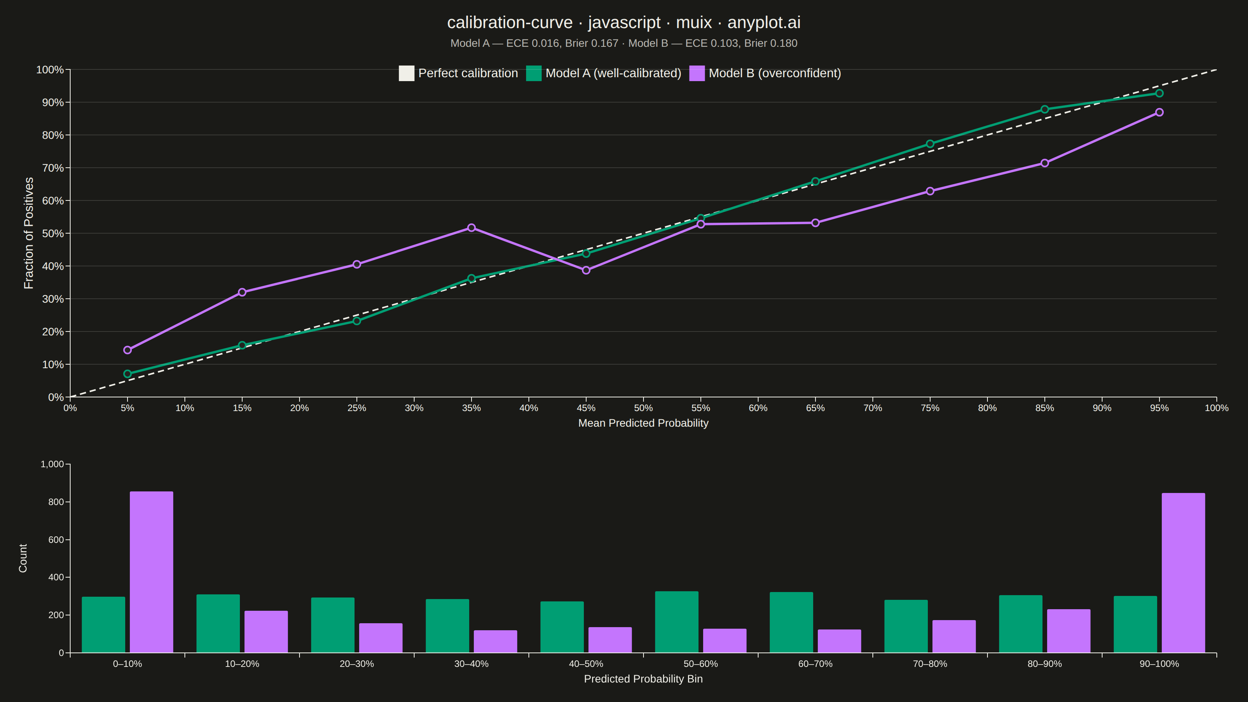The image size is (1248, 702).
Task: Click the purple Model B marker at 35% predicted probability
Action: (x=472, y=228)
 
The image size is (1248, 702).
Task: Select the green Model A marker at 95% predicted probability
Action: (x=1159, y=93)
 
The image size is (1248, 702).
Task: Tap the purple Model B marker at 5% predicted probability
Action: (x=128, y=350)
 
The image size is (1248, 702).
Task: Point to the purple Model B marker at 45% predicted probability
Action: (x=586, y=270)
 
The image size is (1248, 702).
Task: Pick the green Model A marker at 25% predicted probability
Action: (x=356, y=321)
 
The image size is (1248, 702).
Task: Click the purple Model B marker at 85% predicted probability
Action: (x=1044, y=163)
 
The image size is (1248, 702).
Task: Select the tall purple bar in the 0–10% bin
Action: (x=152, y=572)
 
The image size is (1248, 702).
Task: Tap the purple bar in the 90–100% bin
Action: (x=1183, y=573)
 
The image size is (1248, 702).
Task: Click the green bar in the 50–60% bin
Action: (x=677, y=622)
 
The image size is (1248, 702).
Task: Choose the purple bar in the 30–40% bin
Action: (x=496, y=642)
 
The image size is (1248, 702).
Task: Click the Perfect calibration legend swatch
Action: (x=406, y=73)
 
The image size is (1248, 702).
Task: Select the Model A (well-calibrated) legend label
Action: (x=613, y=73)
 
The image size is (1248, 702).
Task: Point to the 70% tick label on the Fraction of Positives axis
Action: (x=53, y=168)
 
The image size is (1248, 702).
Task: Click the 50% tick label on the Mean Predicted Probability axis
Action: (x=643, y=408)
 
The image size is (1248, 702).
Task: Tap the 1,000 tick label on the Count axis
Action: (x=52, y=464)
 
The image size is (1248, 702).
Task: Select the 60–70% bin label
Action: (x=815, y=664)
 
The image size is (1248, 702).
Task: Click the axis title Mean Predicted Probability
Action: (x=643, y=423)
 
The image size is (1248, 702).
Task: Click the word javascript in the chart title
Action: (x=624, y=23)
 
